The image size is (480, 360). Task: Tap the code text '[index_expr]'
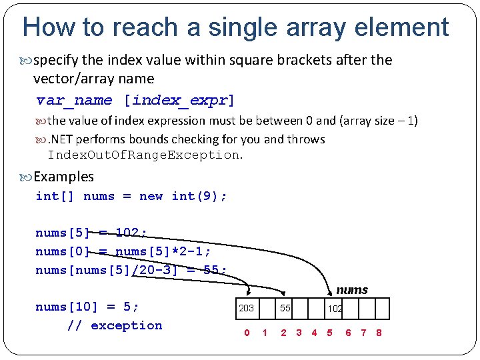[x=179, y=101]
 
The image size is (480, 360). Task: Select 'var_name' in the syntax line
[x=74, y=101]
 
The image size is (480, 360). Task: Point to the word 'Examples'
[x=63, y=177]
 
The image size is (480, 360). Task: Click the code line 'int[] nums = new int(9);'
[x=131, y=196]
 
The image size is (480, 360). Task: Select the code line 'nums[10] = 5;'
[x=87, y=307]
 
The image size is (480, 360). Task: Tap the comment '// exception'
[x=115, y=325]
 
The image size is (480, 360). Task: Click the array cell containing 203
[x=247, y=309]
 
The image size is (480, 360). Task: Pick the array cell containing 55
[x=285, y=309]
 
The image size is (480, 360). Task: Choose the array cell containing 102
[x=335, y=309]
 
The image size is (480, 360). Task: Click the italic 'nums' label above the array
[x=352, y=290]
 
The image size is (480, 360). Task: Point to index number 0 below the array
[x=247, y=333]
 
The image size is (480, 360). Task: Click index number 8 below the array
[x=379, y=333]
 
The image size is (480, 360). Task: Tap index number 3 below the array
[x=299, y=333]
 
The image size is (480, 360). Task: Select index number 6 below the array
[x=348, y=333]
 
